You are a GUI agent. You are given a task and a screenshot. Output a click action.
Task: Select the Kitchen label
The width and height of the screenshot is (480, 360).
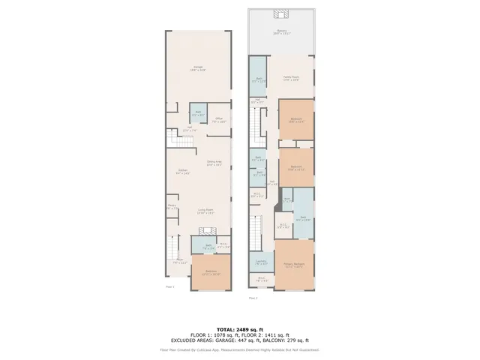coord(182,171)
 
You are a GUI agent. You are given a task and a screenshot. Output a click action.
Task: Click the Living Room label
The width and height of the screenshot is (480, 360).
coord(206,211)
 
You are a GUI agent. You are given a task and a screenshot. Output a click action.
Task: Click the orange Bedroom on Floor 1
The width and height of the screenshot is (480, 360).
coord(211,273)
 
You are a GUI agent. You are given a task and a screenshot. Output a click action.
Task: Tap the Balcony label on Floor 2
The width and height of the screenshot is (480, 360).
coord(281,31)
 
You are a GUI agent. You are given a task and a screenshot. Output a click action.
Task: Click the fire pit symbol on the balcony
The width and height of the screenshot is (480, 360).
coord(282,13)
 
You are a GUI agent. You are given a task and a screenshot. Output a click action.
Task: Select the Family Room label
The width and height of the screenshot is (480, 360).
coord(292,78)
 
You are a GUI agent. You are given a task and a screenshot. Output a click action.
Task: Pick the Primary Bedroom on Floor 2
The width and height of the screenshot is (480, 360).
coord(294,265)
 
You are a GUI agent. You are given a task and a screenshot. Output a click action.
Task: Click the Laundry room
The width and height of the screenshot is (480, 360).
coord(261,263)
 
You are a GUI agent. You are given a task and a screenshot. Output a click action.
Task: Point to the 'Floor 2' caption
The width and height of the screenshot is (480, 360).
coord(253,298)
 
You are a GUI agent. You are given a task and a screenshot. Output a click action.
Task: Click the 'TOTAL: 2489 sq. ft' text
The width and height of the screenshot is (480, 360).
coord(239,329)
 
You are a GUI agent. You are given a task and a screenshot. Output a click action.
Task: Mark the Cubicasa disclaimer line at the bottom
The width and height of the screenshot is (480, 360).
coord(239,349)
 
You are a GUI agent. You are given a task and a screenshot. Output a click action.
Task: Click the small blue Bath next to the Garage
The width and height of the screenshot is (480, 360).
coord(198,113)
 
